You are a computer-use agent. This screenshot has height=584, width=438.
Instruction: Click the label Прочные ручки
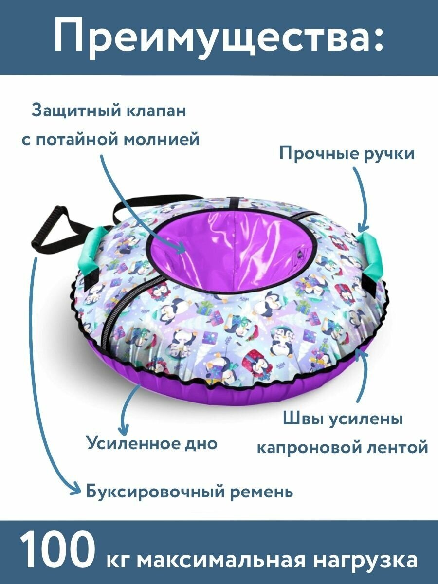coord(347,154)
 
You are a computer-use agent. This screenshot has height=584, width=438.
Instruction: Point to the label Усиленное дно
coord(152,443)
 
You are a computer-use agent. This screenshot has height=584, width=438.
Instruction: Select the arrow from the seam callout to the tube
coord(360,375)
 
